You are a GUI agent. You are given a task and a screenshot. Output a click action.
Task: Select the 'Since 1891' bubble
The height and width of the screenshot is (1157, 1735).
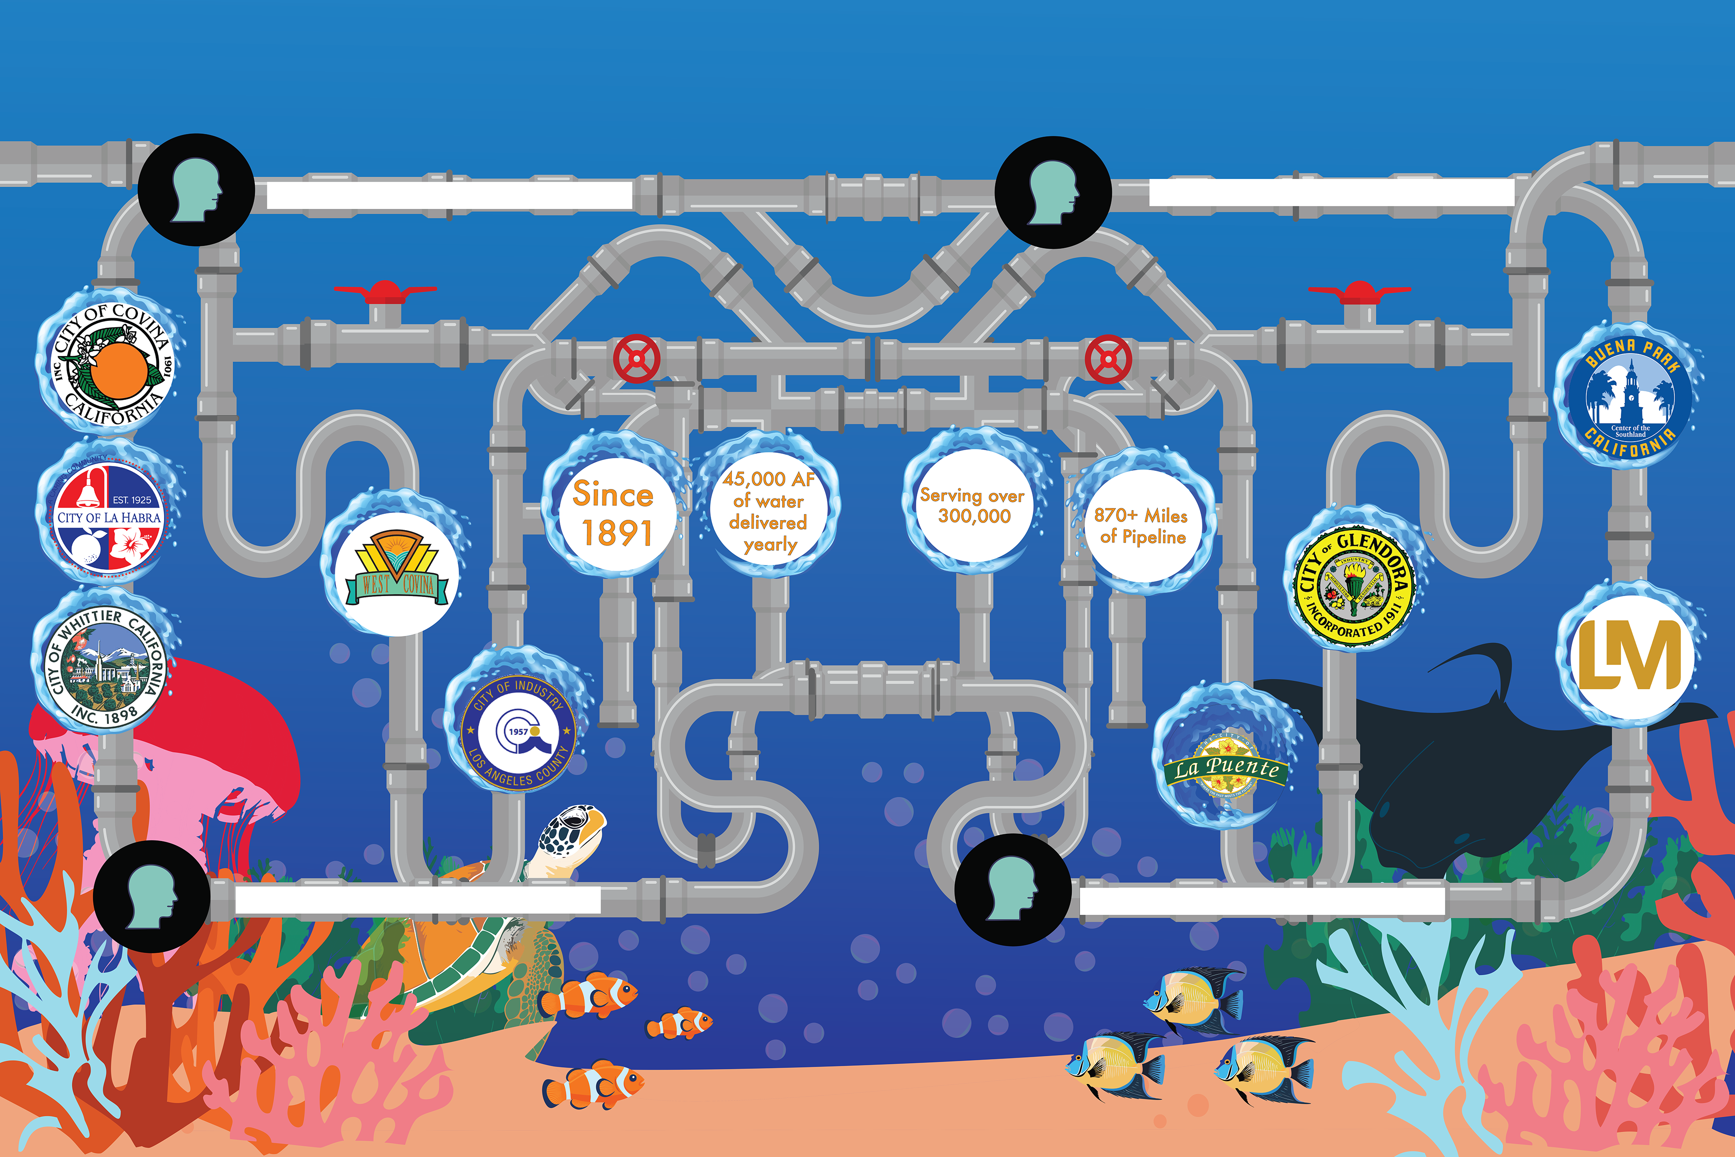point(614,513)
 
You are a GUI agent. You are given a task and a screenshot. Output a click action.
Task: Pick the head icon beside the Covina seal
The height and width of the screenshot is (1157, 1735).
point(196,190)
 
